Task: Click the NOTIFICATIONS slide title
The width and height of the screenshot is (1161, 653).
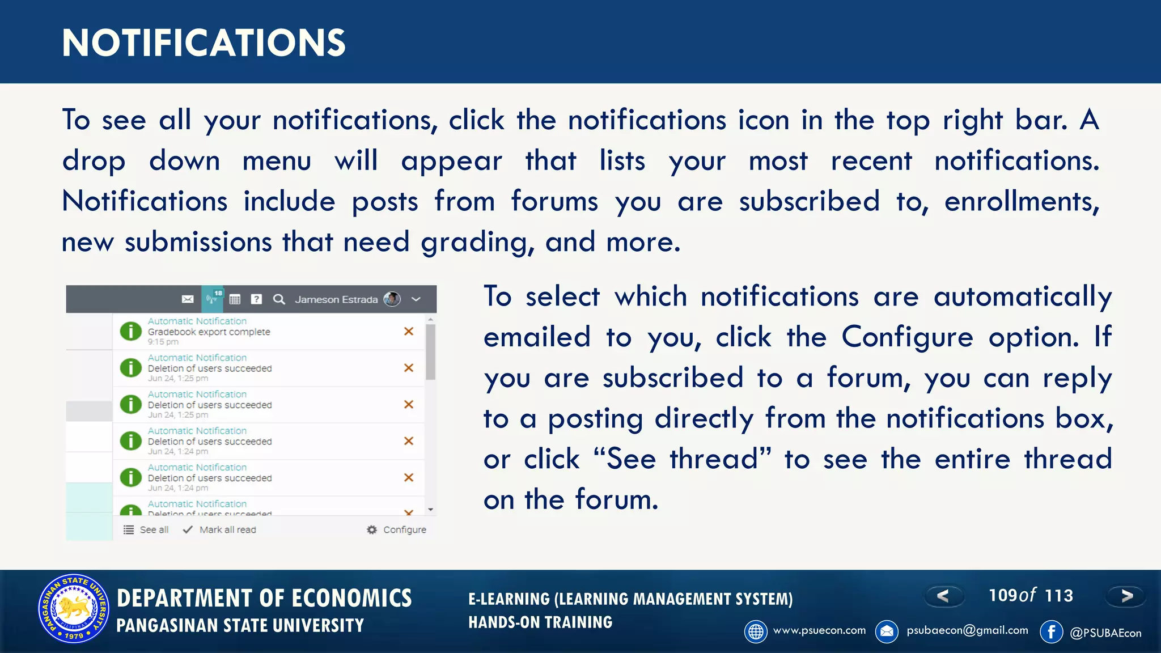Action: click(204, 43)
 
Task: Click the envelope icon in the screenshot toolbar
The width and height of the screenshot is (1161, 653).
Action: click(188, 299)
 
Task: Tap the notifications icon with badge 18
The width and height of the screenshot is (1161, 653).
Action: click(213, 298)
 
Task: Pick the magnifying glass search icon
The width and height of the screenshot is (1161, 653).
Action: click(279, 299)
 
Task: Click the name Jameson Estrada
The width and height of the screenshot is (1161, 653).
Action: click(336, 299)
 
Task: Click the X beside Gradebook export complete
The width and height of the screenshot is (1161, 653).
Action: click(408, 331)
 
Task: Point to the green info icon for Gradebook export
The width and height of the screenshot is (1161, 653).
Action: click(130, 331)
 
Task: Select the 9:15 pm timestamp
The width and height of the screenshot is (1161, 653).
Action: click(163, 342)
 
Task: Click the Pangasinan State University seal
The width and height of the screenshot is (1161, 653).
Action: click(73, 608)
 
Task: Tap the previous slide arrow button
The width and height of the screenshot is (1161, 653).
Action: click(943, 596)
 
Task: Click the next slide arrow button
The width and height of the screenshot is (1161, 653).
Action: click(1126, 596)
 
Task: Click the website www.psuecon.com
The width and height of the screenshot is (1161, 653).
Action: click(819, 630)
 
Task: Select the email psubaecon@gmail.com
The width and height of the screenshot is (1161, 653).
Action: click(967, 630)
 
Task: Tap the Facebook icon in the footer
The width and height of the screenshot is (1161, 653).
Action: click(1051, 631)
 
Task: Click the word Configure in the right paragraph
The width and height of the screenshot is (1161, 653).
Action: click(907, 337)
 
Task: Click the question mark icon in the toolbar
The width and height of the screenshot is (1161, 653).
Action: click(256, 299)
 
